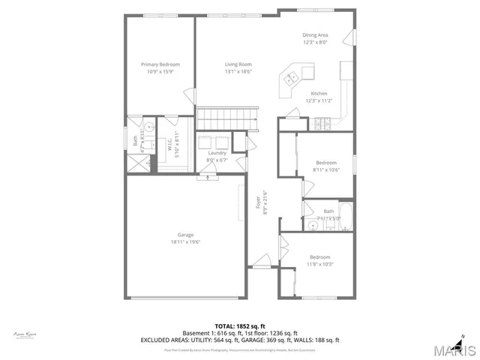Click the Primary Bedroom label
pyautogui.click(x=160, y=64)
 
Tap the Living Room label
pyautogui.click(x=238, y=64)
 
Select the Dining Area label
pyautogui.click(x=315, y=35)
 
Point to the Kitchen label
pyautogui.click(x=319, y=93)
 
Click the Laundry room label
pyautogui.click(x=217, y=153)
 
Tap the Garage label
pyautogui.click(x=185, y=235)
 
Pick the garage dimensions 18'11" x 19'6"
pyautogui.click(x=185, y=241)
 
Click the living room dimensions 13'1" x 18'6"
pyautogui.click(x=238, y=71)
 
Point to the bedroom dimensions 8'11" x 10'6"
pyautogui.click(x=326, y=169)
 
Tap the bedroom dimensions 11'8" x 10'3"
pyautogui.click(x=320, y=263)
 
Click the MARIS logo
pyautogui.click(x=453, y=350)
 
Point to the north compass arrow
pyautogui.click(x=465, y=335)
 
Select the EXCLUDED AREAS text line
pyautogui.click(x=239, y=340)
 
